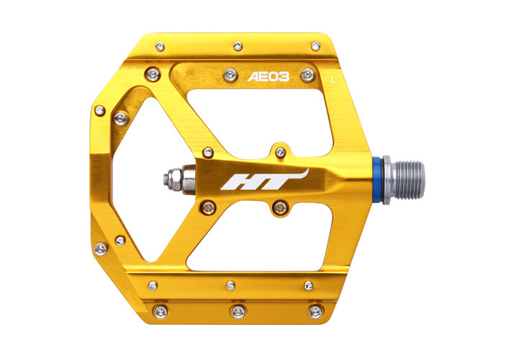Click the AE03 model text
[268, 77]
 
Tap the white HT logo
[264, 180]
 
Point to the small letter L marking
[333, 79]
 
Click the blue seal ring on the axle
[378, 180]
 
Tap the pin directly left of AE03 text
[231, 75]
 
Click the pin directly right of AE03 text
[307, 75]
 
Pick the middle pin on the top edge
[238, 46]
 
